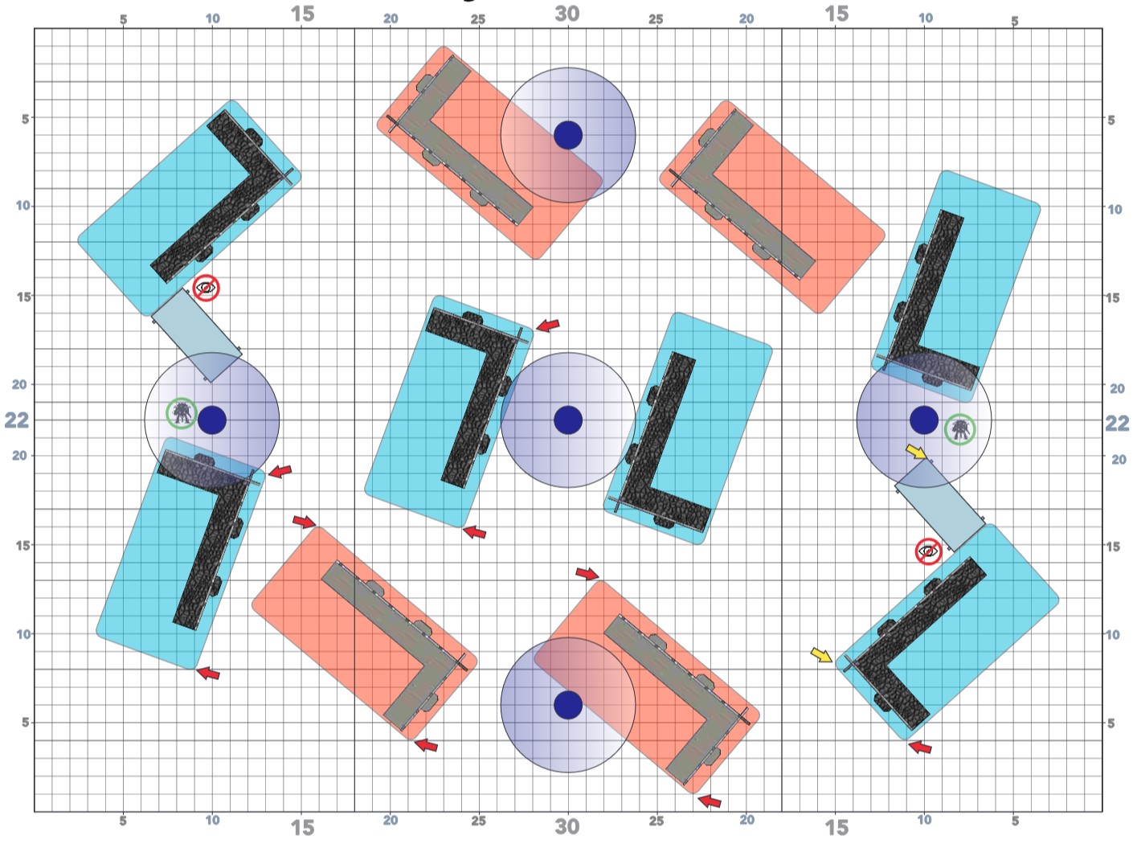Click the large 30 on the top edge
[x=567, y=14]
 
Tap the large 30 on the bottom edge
[x=567, y=826]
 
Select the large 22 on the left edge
[x=17, y=420]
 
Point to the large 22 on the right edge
[x=1117, y=423]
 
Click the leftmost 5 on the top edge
[x=123, y=20]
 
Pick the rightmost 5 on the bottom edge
[x=1015, y=821]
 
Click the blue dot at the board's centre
[x=568, y=420]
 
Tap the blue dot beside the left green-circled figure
[x=212, y=420]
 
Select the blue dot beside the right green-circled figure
[x=924, y=420]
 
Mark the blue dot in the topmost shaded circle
[x=568, y=135]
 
